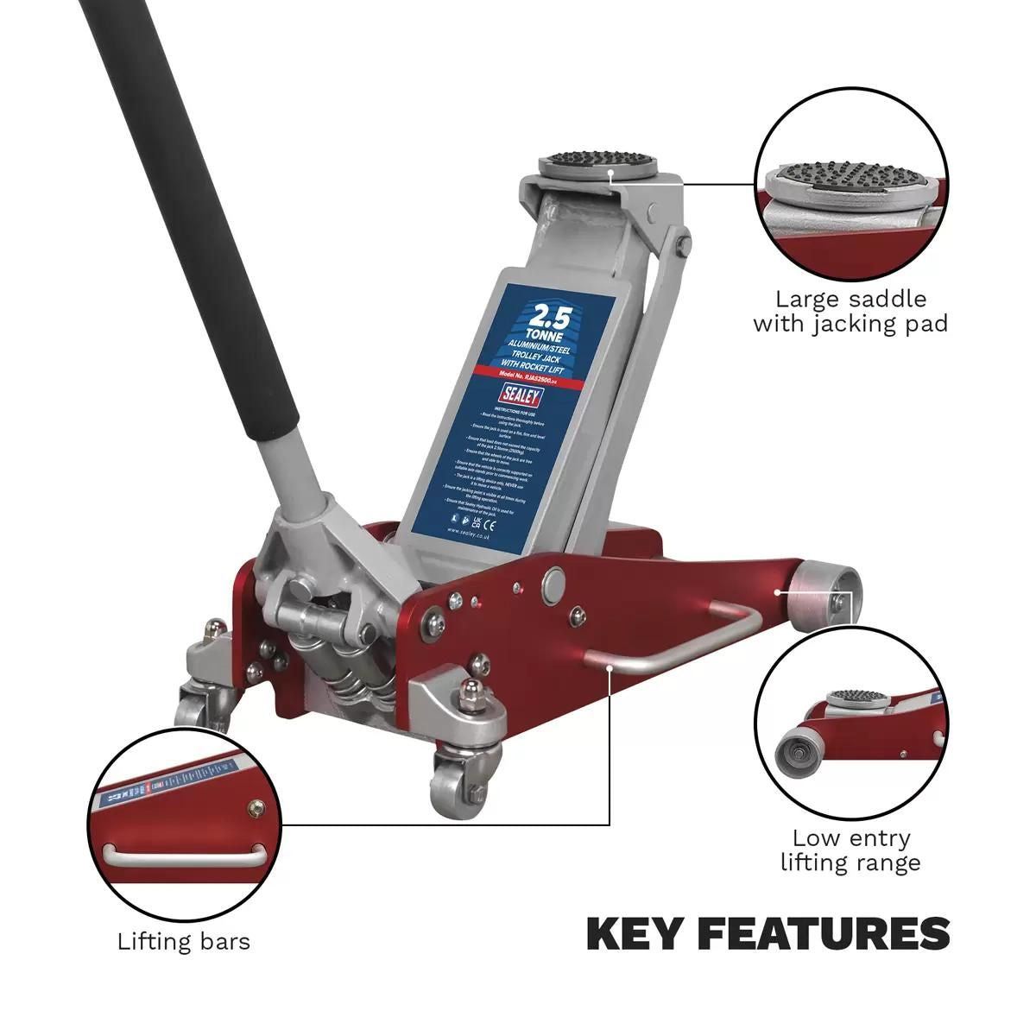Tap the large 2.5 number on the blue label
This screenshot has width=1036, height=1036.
548,313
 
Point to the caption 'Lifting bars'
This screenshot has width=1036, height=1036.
183,940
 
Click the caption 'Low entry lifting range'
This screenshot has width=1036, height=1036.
850,850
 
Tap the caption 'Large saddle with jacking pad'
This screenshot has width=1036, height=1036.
850,312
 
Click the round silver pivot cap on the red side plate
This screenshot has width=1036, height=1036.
552,584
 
